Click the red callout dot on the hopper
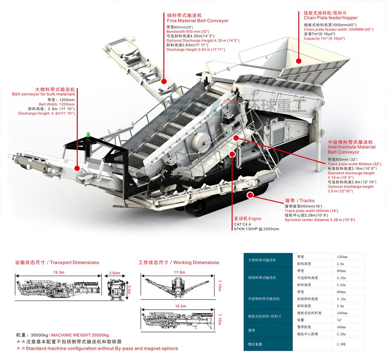[299, 61]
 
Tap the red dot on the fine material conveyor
[164, 81]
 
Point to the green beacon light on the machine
[89, 135]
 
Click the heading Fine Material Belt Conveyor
[198, 21]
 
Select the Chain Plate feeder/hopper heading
[331, 18]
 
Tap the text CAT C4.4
[242, 224]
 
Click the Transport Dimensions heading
[57, 263]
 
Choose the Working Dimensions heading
[179, 263]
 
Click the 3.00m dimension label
[114, 273]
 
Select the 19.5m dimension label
[180, 306]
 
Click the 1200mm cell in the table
[342, 257]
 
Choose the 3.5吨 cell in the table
[342, 344]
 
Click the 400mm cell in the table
[342, 327]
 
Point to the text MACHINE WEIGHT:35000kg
[80, 335]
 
